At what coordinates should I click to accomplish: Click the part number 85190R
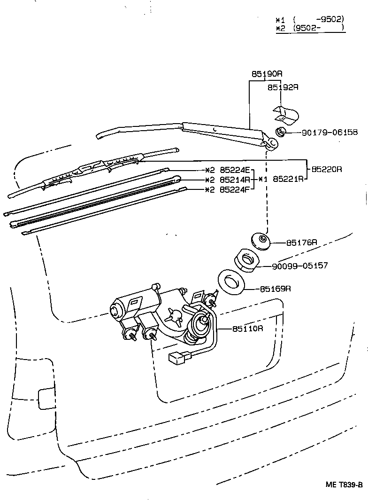267,74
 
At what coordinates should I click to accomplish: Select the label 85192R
283,87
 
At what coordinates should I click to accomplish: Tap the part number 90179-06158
329,133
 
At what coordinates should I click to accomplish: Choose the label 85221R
288,179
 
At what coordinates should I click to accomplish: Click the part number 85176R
302,243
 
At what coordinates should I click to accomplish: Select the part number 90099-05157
300,266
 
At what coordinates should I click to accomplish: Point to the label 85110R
247,328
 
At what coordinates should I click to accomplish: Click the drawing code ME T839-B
344,485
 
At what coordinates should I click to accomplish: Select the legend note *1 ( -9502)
310,20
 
